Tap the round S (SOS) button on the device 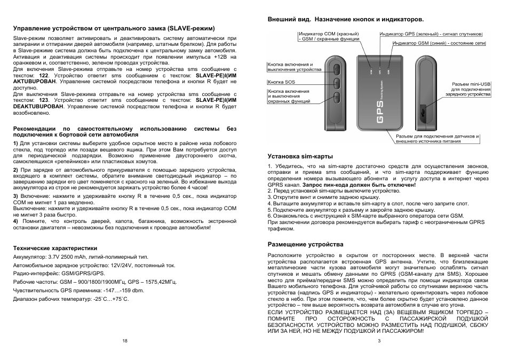337,83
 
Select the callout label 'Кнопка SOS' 281,82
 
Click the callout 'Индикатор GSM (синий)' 439,43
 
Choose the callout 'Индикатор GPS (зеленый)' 431,33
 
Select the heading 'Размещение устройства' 305,244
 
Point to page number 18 124,340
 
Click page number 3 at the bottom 378,340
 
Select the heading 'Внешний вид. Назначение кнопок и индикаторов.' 345,19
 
